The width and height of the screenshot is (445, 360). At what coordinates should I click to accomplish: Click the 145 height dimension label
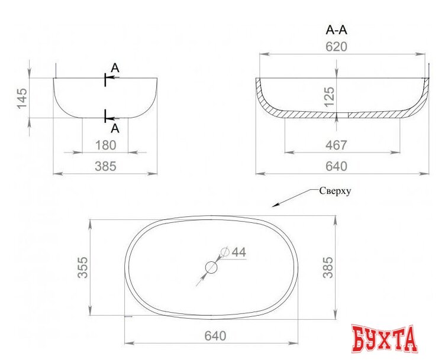[x=22, y=98]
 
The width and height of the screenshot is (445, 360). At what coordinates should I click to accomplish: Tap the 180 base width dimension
[x=105, y=145]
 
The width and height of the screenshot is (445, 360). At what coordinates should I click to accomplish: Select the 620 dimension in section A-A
[x=336, y=47]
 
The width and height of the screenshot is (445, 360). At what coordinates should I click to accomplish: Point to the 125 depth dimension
[x=329, y=97]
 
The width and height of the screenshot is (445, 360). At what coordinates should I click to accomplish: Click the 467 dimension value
[x=336, y=145]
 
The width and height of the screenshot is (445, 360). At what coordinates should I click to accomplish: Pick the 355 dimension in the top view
[x=83, y=267]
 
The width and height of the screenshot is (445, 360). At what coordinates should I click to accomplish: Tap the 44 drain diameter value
[x=239, y=252]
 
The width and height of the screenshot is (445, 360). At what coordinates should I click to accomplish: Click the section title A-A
[x=336, y=30]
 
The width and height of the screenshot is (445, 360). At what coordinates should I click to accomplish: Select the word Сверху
[x=335, y=191]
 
